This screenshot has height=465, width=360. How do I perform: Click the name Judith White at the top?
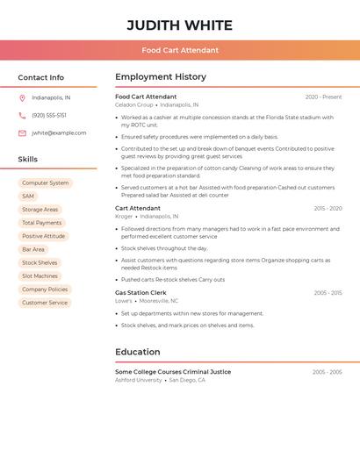pyautogui.click(x=179, y=25)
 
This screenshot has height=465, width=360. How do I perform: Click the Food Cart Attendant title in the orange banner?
pyautogui.click(x=180, y=50)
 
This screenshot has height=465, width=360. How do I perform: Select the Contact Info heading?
pyautogui.click(x=41, y=77)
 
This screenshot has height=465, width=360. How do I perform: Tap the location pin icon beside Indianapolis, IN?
pyautogui.click(x=22, y=98)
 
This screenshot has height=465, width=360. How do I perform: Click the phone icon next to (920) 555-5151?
pyautogui.click(x=22, y=116)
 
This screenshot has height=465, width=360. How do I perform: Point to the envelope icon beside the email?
pyautogui.click(x=22, y=133)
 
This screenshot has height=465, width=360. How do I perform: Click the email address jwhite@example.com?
pyautogui.click(x=59, y=133)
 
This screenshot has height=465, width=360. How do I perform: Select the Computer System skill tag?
pyautogui.click(x=45, y=183)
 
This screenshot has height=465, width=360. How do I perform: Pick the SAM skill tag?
pyautogui.click(x=28, y=197)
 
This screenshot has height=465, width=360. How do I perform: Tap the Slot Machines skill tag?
pyautogui.click(x=40, y=276)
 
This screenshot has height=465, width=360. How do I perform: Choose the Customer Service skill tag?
pyautogui.click(x=45, y=303)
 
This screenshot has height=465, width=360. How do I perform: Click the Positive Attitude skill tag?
pyautogui.click(x=43, y=236)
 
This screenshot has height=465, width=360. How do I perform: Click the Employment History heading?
pyautogui.click(x=161, y=77)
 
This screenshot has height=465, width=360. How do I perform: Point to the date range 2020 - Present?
pyautogui.click(x=323, y=97)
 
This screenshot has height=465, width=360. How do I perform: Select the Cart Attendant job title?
pyautogui.click(x=138, y=209)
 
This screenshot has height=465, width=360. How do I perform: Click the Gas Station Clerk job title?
pyautogui.click(x=140, y=293)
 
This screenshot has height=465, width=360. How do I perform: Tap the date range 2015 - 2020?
pyautogui.click(x=328, y=209)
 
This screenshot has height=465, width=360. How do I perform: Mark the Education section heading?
pyautogui.click(x=138, y=352)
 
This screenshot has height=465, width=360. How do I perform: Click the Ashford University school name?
pyautogui.click(x=139, y=381)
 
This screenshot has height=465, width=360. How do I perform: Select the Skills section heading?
pyautogui.click(x=28, y=160)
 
